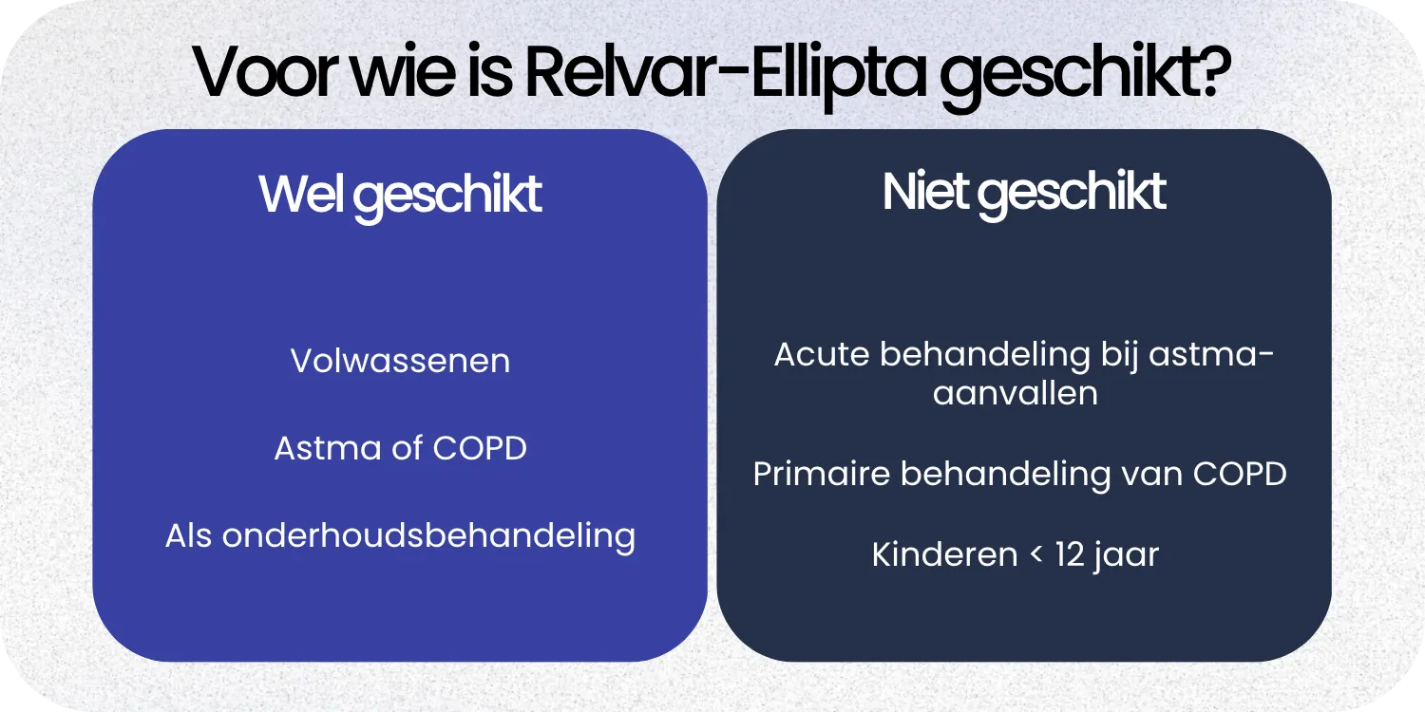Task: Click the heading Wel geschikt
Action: (x=400, y=195)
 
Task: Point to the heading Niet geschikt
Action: (x=1023, y=193)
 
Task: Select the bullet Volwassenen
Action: (x=400, y=362)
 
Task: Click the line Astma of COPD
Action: (x=400, y=448)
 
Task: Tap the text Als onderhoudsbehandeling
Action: (x=400, y=536)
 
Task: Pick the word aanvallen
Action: (x=1015, y=393)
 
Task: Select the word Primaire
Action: (x=821, y=474)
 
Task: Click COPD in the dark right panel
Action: (x=1239, y=474)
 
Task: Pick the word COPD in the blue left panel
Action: (x=480, y=448)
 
